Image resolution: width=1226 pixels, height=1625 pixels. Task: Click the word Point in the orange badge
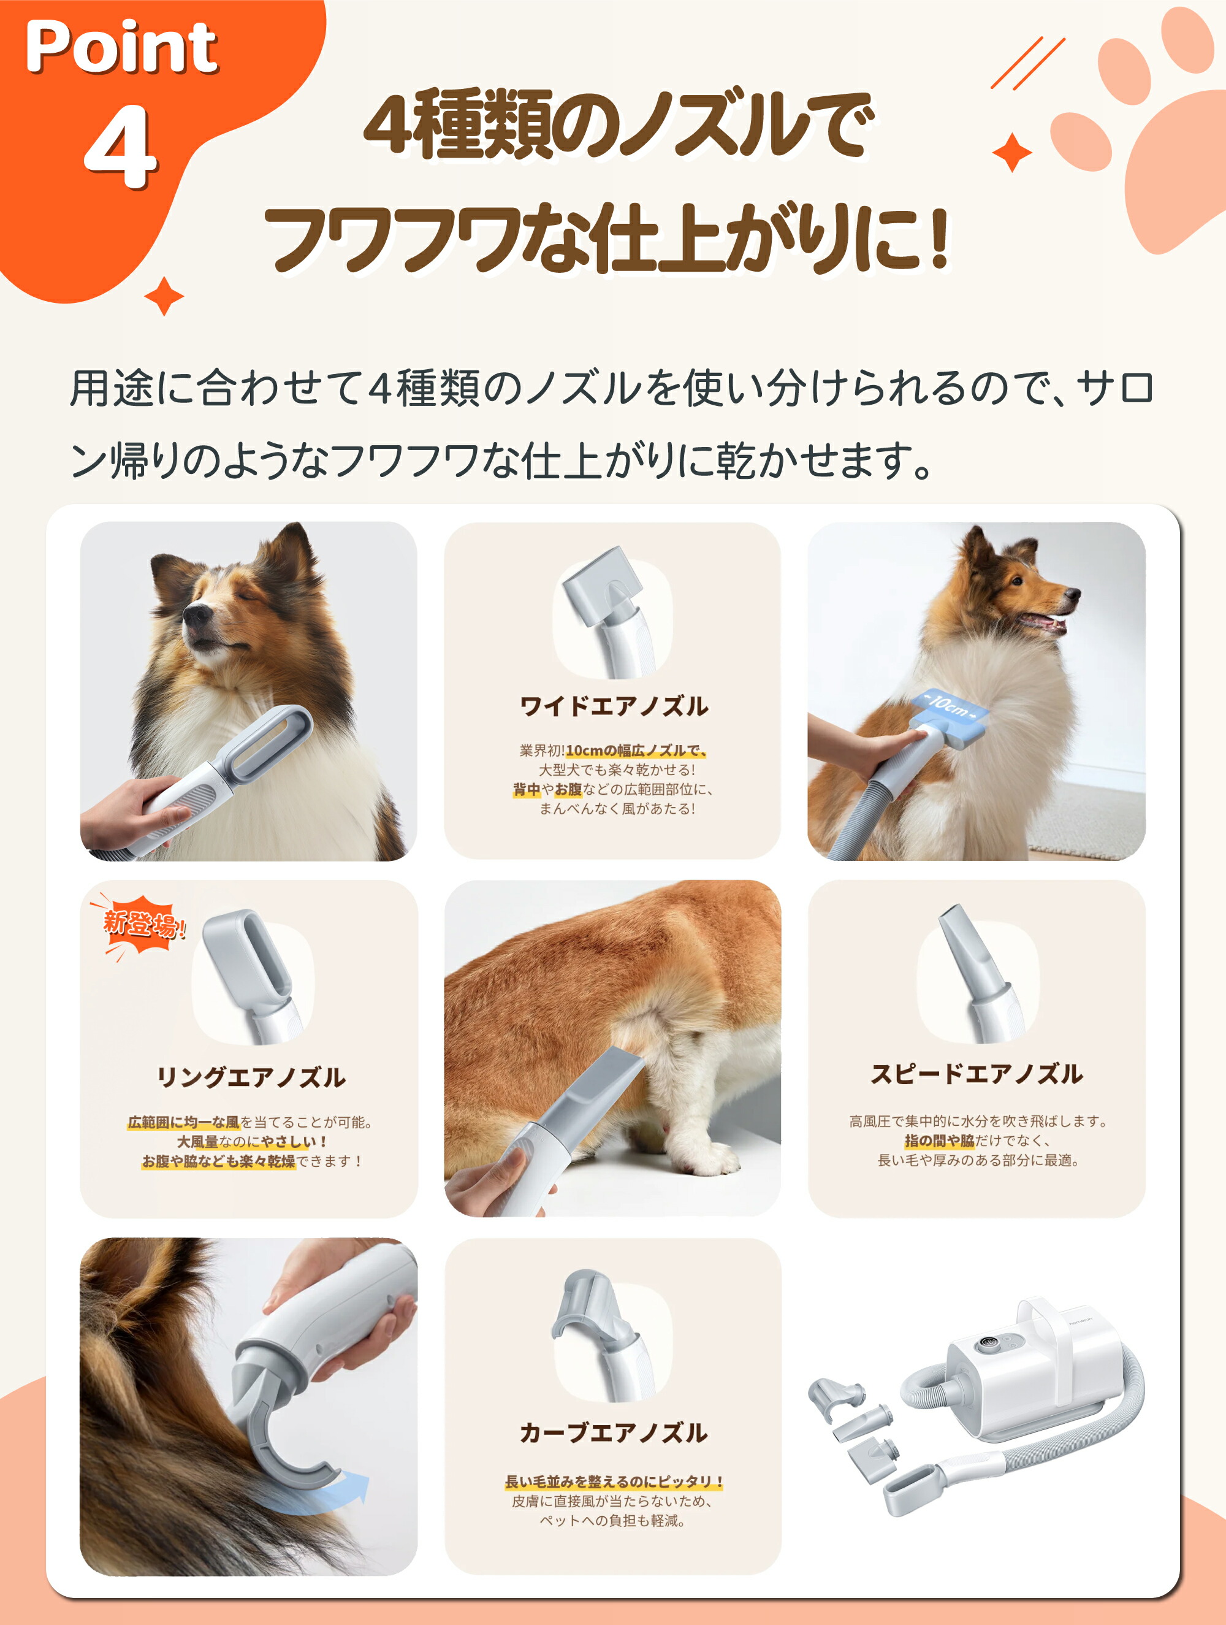click(121, 48)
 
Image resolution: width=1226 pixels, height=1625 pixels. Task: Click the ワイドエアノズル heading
click(614, 706)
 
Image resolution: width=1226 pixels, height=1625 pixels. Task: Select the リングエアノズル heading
click(251, 1077)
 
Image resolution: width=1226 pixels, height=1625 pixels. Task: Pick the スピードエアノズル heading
click(977, 1074)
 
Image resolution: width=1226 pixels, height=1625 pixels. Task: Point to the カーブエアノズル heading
click(614, 1432)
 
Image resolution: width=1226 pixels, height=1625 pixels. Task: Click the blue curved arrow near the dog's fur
click(345, 1491)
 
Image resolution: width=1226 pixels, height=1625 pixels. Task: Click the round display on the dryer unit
click(984, 1346)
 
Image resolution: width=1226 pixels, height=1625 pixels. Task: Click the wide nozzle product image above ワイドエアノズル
click(610, 613)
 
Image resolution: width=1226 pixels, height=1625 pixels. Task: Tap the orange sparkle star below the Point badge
click(163, 297)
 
